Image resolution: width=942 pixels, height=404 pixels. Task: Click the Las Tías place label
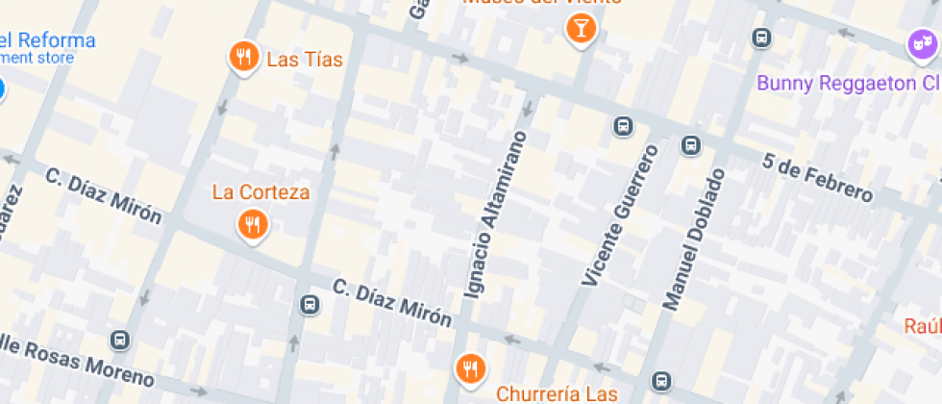pos(304,60)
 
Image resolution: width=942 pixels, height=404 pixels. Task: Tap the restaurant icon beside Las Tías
pos(245,57)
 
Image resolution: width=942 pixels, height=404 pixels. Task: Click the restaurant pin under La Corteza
pos(252,225)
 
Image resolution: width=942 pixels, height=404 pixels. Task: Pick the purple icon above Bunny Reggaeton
pos(922,43)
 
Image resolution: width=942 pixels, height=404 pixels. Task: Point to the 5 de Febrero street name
pos(818,179)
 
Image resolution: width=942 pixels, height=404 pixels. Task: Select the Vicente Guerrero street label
pos(621,215)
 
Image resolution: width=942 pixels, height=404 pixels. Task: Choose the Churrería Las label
pos(556,394)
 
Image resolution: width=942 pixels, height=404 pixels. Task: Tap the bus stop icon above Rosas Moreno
pos(120,341)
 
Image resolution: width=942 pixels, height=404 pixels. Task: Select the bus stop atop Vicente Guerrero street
pos(623,126)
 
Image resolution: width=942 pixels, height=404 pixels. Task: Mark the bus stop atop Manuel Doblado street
pos(690,145)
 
